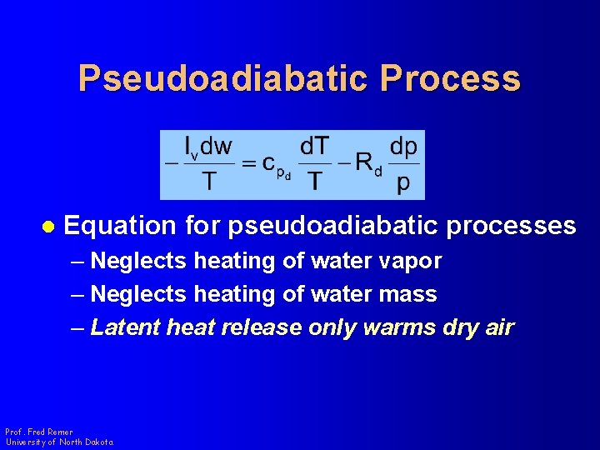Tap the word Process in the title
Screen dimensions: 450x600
(450, 78)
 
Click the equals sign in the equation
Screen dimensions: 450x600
(248, 164)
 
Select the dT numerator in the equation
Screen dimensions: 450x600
(314, 147)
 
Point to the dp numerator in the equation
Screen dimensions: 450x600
(403, 147)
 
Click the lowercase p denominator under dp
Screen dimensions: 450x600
(403, 182)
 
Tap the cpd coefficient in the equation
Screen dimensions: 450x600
(276, 166)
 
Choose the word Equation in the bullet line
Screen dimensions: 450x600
(120, 226)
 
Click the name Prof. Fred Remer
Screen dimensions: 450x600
(39, 432)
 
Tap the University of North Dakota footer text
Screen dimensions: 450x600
(59, 442)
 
